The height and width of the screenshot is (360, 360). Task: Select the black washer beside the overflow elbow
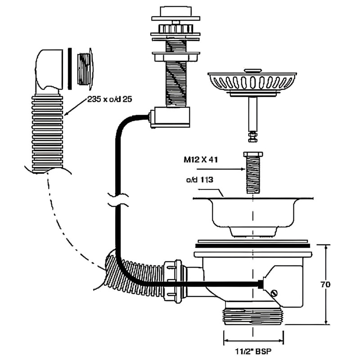(x=70, y=68)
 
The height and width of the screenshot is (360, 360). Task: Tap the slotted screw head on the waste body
(x=274, y=292)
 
